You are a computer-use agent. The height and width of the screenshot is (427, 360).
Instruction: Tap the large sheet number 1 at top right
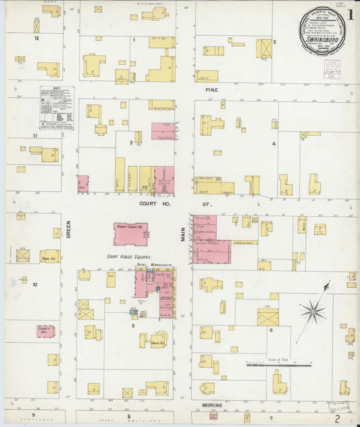(x=350, y=13)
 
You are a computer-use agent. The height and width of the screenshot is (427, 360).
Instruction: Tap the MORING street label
(x=207, y=403)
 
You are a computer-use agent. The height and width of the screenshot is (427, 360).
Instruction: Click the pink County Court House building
(x=131, y=234)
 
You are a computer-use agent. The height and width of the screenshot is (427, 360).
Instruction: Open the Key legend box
(x=57, y=109)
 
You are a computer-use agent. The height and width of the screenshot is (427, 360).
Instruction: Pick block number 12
(x=37, y=39)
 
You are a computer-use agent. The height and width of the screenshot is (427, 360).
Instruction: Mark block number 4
(x=274, y=144)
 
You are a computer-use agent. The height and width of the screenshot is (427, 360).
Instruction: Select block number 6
(x=270, y=330)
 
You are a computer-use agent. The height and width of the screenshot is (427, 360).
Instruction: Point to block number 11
(x=34, y=136)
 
